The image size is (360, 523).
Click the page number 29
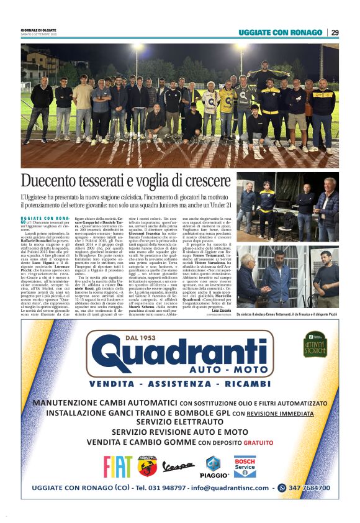click(x=335, y=32)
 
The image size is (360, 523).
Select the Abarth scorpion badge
click(x=148, y=466)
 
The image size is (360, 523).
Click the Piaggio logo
click(x=213, y=467)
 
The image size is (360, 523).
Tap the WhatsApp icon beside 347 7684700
click(x=282, y=488)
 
